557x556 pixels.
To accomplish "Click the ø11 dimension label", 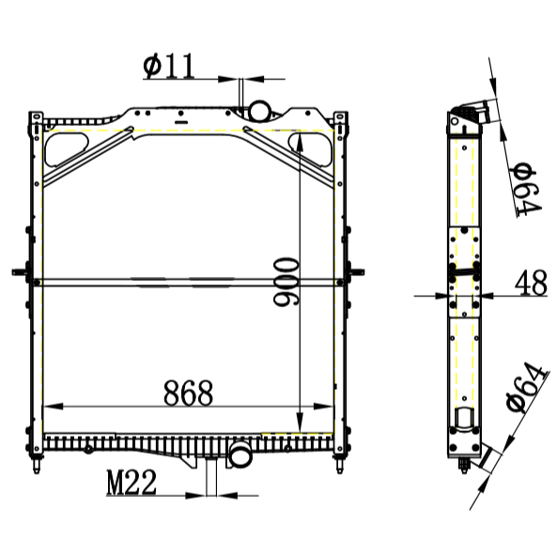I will coord(168,66).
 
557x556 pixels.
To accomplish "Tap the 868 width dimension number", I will coord(189,393).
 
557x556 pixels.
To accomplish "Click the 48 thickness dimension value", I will coord(531,282).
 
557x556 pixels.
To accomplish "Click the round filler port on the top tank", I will coord(256,112).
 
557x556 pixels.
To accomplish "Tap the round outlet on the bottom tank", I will coord(240,457).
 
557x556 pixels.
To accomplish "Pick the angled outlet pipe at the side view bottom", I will coord(480,458).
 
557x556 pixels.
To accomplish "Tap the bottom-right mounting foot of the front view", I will coord(339,461).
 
